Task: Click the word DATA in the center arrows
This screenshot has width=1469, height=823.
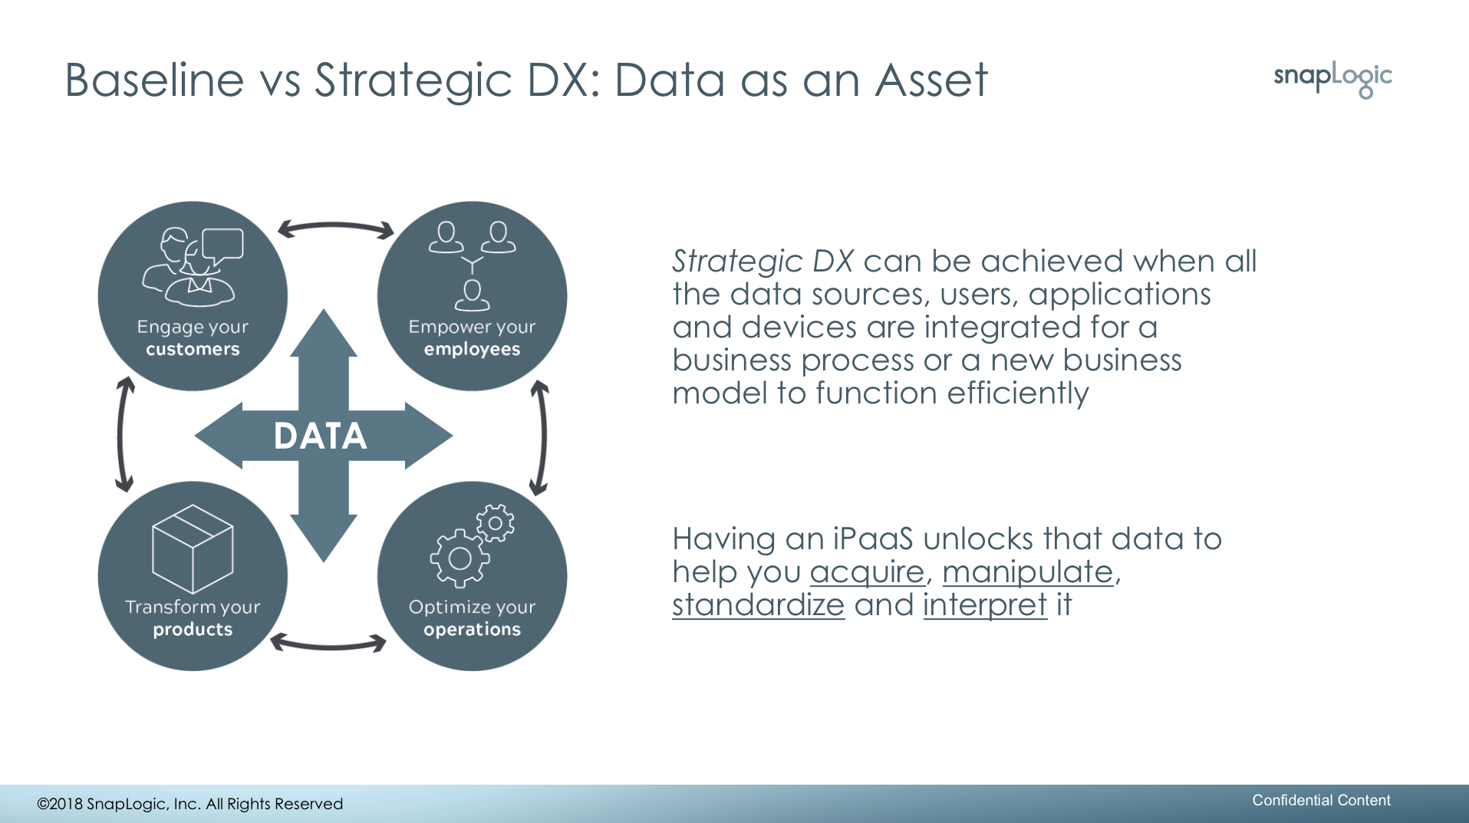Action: tap(321, 436)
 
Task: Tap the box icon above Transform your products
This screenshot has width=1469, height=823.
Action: tap(193, 548)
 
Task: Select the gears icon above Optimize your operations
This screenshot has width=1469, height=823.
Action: tap(472, 545)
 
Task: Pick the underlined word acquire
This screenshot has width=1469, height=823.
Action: tap(867, 572)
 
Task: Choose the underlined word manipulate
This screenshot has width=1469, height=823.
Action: tap(1027, 572)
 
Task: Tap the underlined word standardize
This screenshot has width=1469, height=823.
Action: tap(758, 604)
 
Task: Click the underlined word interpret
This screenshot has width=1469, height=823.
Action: tap(985, 605)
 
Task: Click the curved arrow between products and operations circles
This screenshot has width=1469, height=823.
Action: tap(328, 645)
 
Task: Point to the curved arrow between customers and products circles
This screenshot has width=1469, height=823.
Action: tap(120, 435)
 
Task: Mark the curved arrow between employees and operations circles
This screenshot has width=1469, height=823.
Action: tap(544, 436)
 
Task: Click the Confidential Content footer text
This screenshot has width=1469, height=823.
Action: tap(1321, 800)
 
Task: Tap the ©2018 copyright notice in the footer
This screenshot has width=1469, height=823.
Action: tap(190, 804)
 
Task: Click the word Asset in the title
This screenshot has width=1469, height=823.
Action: tap(931, 80)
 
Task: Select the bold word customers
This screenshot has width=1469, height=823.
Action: tap(193, 349)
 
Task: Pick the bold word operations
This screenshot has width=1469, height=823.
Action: tap(472, 630)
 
